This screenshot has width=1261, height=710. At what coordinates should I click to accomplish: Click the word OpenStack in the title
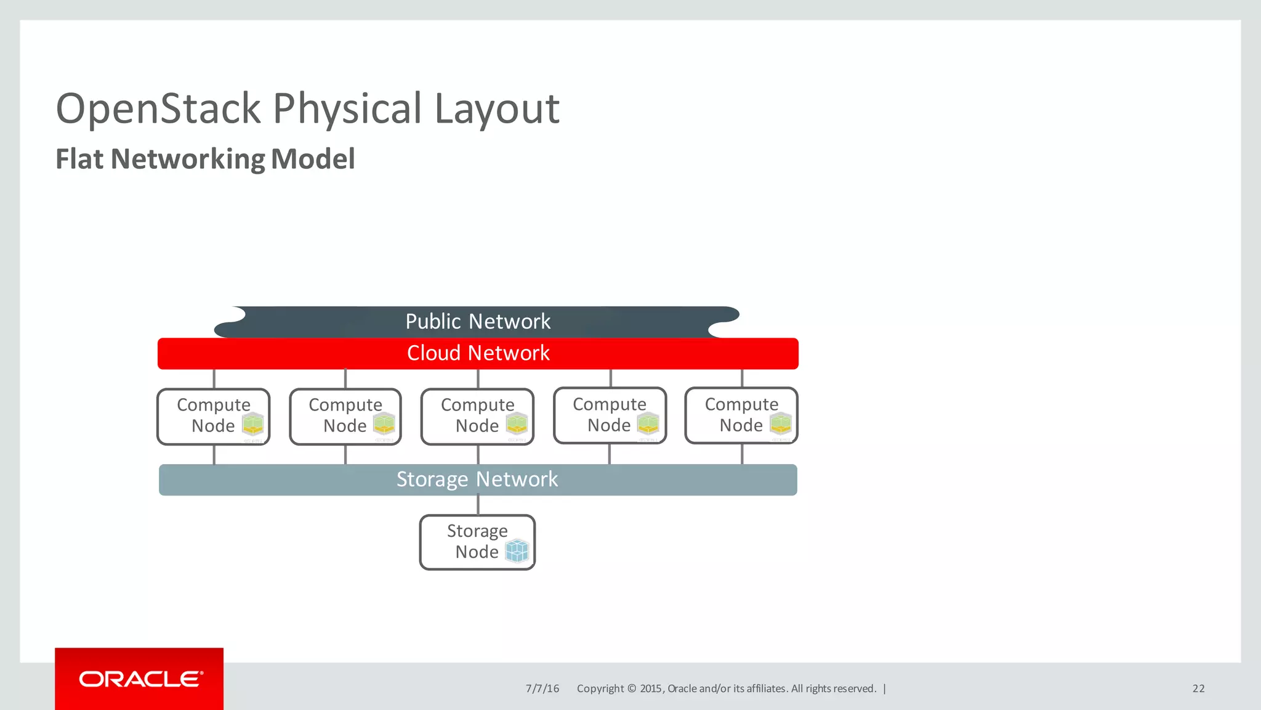[158, 108]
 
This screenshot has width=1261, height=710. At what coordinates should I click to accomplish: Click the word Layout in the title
[497, 108]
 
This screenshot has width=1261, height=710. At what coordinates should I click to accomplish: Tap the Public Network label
[478, 322]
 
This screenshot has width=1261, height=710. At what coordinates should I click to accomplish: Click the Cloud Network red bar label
[478, 353]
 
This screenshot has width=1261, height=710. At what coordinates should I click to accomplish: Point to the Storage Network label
[477, 479]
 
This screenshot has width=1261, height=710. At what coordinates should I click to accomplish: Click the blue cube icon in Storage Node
[517, 550]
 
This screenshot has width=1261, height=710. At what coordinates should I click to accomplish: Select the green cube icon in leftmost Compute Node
[252, 424]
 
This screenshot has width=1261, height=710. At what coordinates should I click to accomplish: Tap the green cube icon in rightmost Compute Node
[781, 423]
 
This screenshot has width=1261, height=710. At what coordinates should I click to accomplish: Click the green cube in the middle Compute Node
[517, 424]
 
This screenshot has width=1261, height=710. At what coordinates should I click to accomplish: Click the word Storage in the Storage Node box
[477, 531]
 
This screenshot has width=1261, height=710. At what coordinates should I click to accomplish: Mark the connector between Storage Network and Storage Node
[478, 505]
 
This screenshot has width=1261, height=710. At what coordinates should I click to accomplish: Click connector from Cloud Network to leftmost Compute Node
[214, 378]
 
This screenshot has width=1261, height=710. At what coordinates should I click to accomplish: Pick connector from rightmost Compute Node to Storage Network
[742, 454]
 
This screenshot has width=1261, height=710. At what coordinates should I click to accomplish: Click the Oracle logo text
[140, 679]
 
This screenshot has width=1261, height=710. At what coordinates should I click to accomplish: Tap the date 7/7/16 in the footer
[542, 688]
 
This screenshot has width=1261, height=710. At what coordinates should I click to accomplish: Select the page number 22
[1198, 688]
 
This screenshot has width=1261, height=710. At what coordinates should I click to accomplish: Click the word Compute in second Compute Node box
[345, 405]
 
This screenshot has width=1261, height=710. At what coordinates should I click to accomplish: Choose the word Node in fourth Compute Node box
[608, 425]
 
